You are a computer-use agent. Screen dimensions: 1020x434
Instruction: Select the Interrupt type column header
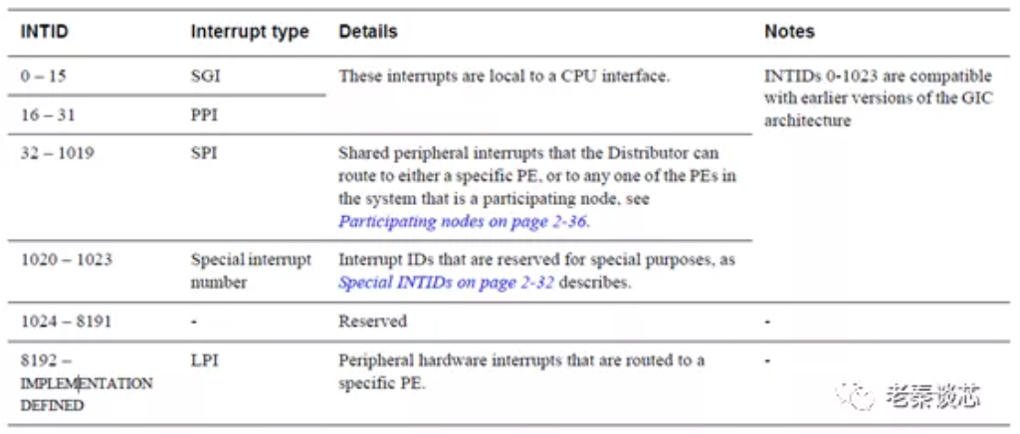[250, 32]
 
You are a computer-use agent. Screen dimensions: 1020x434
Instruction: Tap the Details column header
[367, 32]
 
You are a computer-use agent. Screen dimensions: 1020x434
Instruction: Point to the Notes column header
[789, 32]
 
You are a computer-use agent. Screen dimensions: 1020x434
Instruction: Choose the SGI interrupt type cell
[205, 76]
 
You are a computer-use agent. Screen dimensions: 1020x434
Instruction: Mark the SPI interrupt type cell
[203, 154]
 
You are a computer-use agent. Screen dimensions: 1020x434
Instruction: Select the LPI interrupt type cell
[203, 360]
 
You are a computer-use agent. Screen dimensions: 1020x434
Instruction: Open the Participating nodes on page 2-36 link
[463, 221]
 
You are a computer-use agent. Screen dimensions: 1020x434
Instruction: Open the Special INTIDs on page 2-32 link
[446, 282]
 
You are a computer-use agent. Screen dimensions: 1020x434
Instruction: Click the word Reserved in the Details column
[373, 322]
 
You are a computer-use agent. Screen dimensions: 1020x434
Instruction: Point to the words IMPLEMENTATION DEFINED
[86, 394]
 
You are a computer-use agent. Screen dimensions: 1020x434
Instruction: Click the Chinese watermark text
[932, 396]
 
